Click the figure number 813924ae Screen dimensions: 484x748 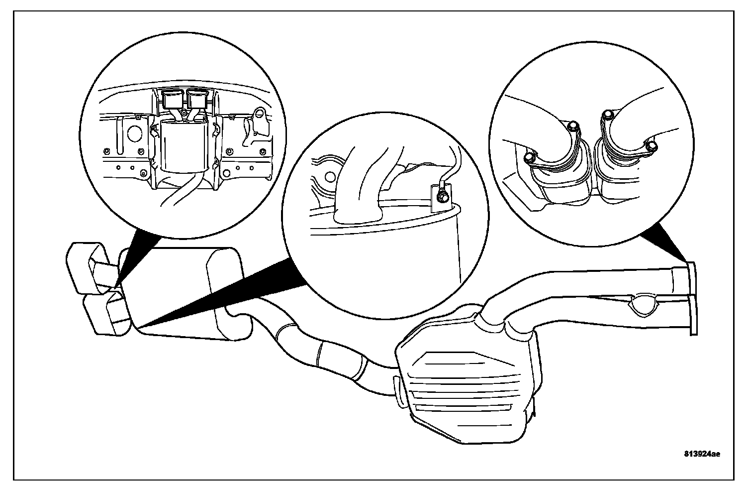(702, 454)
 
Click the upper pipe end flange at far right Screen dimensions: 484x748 (691, 281)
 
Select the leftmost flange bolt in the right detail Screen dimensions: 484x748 (529, 159)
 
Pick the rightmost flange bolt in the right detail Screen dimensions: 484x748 (652, 145)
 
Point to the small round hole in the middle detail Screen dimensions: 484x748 (329, 177)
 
